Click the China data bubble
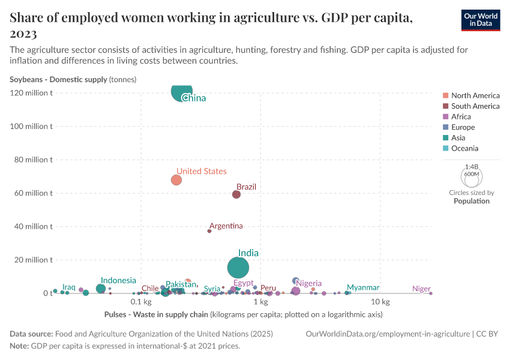pyautogui.click(x=182, y=91)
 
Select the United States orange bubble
pyautogui.click(x=176, y=180)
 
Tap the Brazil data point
pyautogui.click(x=236, y=194)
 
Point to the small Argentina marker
pyautogui.click(x=209, y=231)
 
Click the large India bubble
pyautogui.click(x=239, y=268)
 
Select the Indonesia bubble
pyautogui.click(x=101, y=289)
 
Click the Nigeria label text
pyautogui.click(x=308, y=283)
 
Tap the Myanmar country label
pyautogui.click(x=362, y=288)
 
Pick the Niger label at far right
pyautogui.click(x=421, y=289)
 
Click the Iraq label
pyautogui.click(x=69, y=287)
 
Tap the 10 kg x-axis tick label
pyautogui.click(x=380, y=301)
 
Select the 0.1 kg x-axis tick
pyautogui.click(x=140, y=301)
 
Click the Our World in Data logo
pyautogui.click(x=480, y=20)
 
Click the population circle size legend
pyautogui.click(x=472, y=178)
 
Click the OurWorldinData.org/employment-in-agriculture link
pyautogui.click(x=388, y=334)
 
